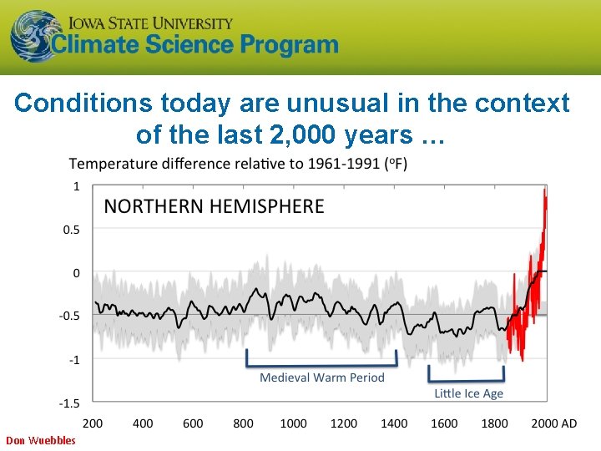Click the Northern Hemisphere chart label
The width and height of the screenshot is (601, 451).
pyautogui.click(x=214, y=206)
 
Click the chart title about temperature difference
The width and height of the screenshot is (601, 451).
pyautogui.click(x=238, y=164)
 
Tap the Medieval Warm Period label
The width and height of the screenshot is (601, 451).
pyautogui.click(x=322, y=378)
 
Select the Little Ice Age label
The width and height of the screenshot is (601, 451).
pyautogui.click(x=468, y=393)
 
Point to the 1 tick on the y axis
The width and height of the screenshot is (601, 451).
pyautogui.click(x=77, y=185)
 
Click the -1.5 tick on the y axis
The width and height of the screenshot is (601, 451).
pyautogui.click(x=69, y=403)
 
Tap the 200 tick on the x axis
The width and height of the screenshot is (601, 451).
pyautogui.click(x=93, y=423)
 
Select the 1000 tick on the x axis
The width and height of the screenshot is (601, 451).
pyautogui.click(x=293, y=423)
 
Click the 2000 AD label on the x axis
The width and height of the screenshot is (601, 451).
pyautogui.click(x=553, y=423)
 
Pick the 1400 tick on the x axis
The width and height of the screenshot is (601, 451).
pyautogui.click(x=394, y=423)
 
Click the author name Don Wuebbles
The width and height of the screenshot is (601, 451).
pyautogui.click(x=40, y=440)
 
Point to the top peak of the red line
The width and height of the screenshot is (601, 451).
pyautogui.click(x=545, y=191)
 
